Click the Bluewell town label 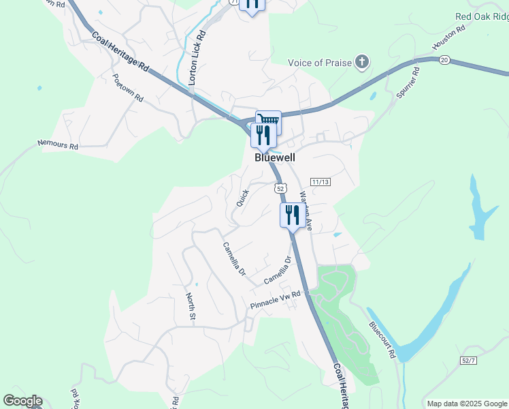[x=275, y=157]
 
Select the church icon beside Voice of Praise [x=362, y=63]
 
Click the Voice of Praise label [x=320, y=63]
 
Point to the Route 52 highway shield [x=280, y=187]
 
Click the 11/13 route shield [x=320, y=182]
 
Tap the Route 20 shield [x=444, y=61]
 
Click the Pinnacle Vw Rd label [x=276, y=299]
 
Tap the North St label [x=191, y=307]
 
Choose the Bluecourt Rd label [x=382, y=339]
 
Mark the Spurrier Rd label [x=406, y=82]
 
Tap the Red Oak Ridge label [x=482, y=16]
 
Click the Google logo [x=22, y=401]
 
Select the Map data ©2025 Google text [x=465, y=404]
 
